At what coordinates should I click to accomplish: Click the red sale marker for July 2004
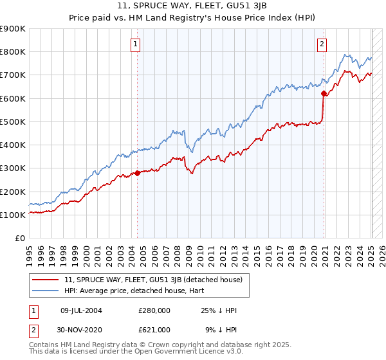(x=138, y=173)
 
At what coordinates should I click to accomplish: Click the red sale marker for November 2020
(x=324, y=93)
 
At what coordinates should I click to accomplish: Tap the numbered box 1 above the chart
(x=136, y=44)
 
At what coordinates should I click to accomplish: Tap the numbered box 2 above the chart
(x=322, y=44)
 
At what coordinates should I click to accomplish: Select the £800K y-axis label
(x=13, y=52)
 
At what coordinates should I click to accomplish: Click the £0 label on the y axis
(x=21, y=238)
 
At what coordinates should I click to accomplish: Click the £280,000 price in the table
(x=154, y=310)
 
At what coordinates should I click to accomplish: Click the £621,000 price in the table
(x=154, y=330)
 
